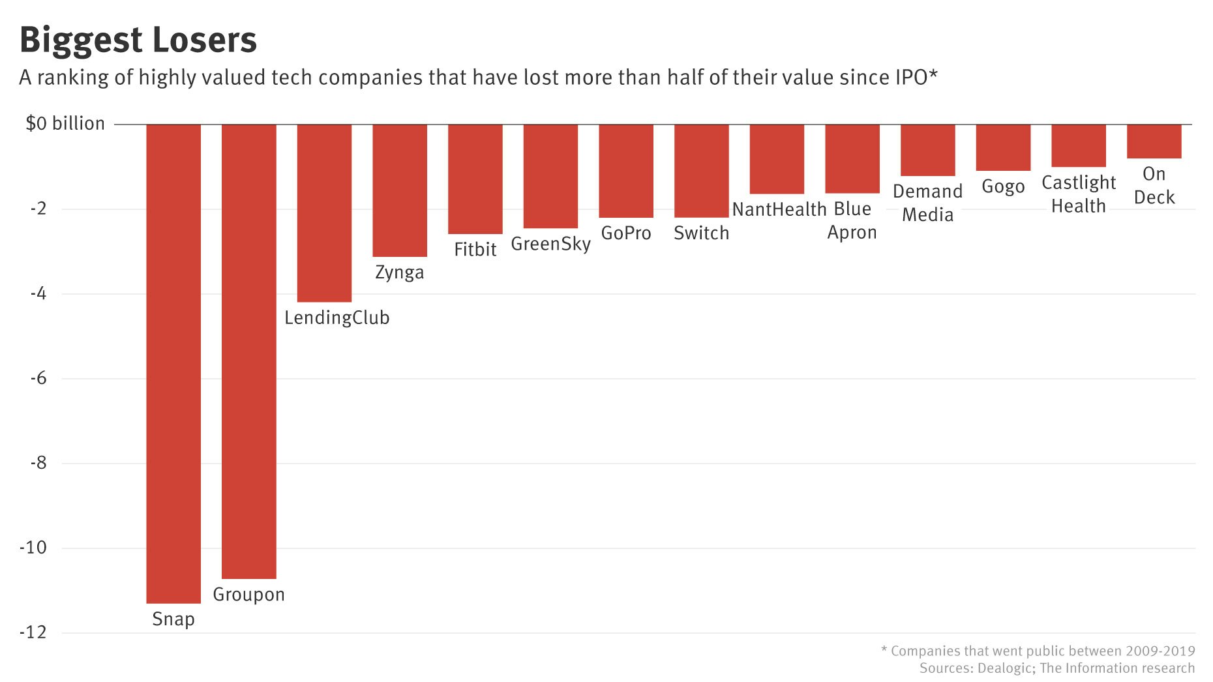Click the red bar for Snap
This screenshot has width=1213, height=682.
(173, 363)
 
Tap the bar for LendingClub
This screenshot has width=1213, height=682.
(324, 213)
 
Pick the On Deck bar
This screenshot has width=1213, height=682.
(1154, 141)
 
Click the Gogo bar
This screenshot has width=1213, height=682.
(1003, 147)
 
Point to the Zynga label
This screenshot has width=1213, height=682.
(399, 272)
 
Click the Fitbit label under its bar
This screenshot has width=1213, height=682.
(475, 249)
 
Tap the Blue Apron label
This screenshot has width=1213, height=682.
(852, 220)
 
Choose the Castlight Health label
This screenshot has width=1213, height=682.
(1078, 194)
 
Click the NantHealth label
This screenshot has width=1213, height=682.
(779, 209)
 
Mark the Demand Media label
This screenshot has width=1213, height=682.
(927, 203)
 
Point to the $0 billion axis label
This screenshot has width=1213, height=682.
(65, 123)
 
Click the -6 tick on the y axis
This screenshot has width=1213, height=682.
(38, 378)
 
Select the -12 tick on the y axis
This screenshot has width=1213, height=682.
(33, 632)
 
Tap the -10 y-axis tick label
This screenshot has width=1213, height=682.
(33, 547)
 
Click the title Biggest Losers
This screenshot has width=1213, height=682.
(138, 40)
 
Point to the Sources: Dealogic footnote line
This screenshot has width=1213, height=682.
(1056, 668)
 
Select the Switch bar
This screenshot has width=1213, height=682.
(701, 171)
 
